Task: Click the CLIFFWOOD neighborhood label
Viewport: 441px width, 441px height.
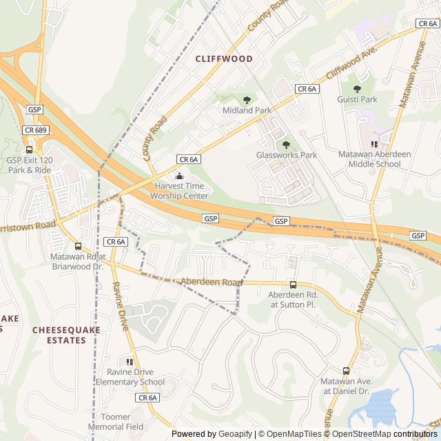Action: coord(224,59)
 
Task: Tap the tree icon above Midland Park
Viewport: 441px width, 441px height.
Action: coord(247,100)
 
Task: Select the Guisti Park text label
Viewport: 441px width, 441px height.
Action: coord(357,99)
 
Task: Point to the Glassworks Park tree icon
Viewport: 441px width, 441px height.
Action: coord(287,145)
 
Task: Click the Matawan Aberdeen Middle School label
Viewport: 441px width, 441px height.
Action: coord(374,159)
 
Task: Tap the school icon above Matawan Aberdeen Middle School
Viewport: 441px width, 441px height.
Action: coord(374,144)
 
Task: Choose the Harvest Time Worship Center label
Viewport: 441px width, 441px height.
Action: coord(181,191)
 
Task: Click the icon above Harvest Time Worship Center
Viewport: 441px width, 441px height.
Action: coord(180,176)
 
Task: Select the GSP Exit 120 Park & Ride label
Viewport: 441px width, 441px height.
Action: coord(29,165)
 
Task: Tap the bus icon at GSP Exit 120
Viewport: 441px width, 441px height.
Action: coord(29,150)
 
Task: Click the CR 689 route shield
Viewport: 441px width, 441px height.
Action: coord(34,130)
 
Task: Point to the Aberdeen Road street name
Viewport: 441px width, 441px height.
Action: coord(212,283)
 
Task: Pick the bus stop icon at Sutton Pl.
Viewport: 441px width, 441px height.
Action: coord(292,285)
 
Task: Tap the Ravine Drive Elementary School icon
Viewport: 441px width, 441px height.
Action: coord(130,362)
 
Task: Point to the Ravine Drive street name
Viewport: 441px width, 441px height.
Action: coord(120,307)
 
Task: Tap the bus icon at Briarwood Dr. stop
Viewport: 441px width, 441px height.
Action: coord(77,246)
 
